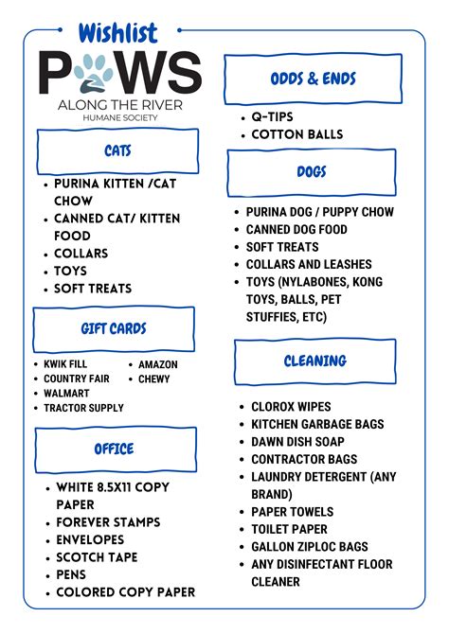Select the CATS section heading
117,151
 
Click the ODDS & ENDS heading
313,79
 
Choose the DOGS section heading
312,171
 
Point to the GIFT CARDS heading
114,329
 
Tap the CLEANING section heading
315,361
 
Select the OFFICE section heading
114,449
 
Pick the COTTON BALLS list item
296,134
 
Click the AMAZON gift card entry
157,364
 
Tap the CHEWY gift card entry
154,379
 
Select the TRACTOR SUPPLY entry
83,408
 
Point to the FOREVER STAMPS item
108,522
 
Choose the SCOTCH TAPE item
97,557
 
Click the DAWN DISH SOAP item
297,442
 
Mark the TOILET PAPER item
289,529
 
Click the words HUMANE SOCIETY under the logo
120,119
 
